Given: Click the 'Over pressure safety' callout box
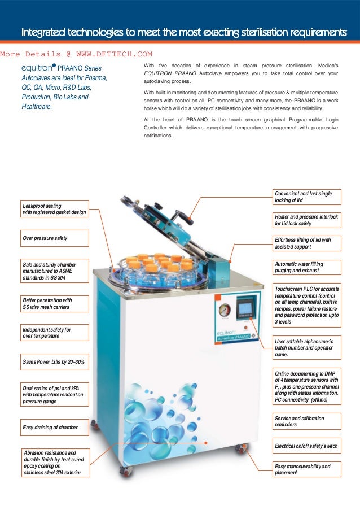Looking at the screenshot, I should click(54, 238).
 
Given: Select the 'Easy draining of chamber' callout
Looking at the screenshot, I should click(54, 428).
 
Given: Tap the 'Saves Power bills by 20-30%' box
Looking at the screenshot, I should click(54, 360).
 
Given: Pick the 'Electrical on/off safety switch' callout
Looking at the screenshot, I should click(306, 446).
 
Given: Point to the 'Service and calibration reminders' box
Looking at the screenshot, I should click(306, 421).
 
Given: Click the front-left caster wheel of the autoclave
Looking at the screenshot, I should click(122, 468).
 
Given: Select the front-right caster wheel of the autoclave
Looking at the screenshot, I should click(242, 450).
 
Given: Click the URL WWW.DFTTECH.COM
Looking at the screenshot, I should click(113, 54).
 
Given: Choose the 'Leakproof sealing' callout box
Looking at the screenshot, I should click(54, 209).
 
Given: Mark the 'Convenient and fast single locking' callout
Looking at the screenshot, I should click(306, 197).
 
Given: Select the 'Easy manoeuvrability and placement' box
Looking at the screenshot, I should click(306, 469).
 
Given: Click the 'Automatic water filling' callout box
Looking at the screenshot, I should click(306, 267).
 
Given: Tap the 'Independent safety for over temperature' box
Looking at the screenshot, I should click(54, 333).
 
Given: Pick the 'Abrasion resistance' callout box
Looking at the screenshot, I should click(54, 463).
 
